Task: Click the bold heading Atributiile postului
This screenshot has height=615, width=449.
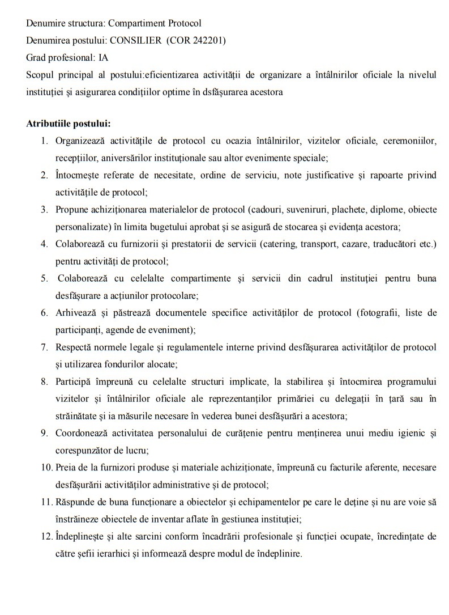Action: click(68, 123)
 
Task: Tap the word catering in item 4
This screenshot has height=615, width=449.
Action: click(309, 244)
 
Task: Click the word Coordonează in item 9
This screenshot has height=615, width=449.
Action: click(82, 433)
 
